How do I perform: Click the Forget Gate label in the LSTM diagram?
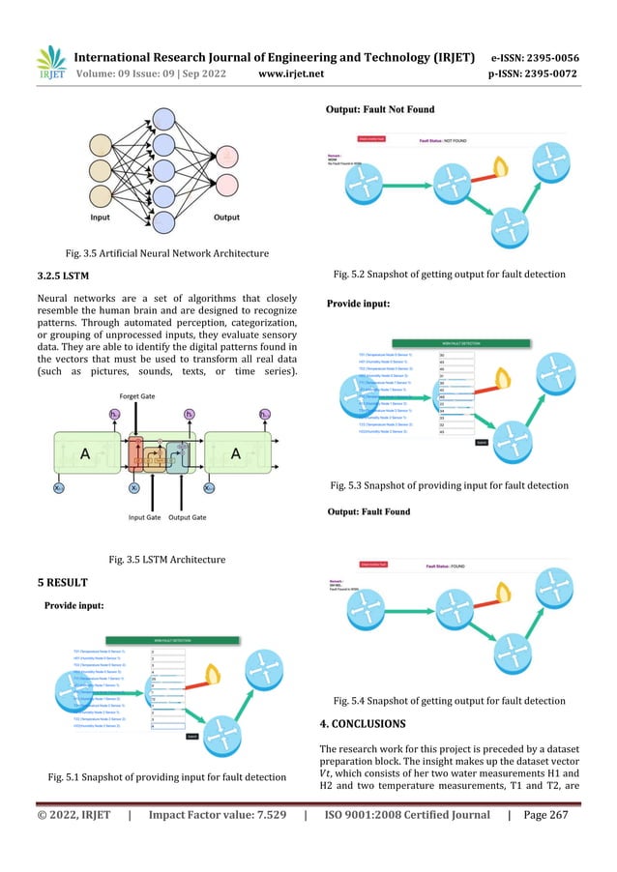(139, 394)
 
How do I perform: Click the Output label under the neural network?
(226, 218)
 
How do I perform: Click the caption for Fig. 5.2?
(449, 275)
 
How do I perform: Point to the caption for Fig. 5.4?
(449, 700)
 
